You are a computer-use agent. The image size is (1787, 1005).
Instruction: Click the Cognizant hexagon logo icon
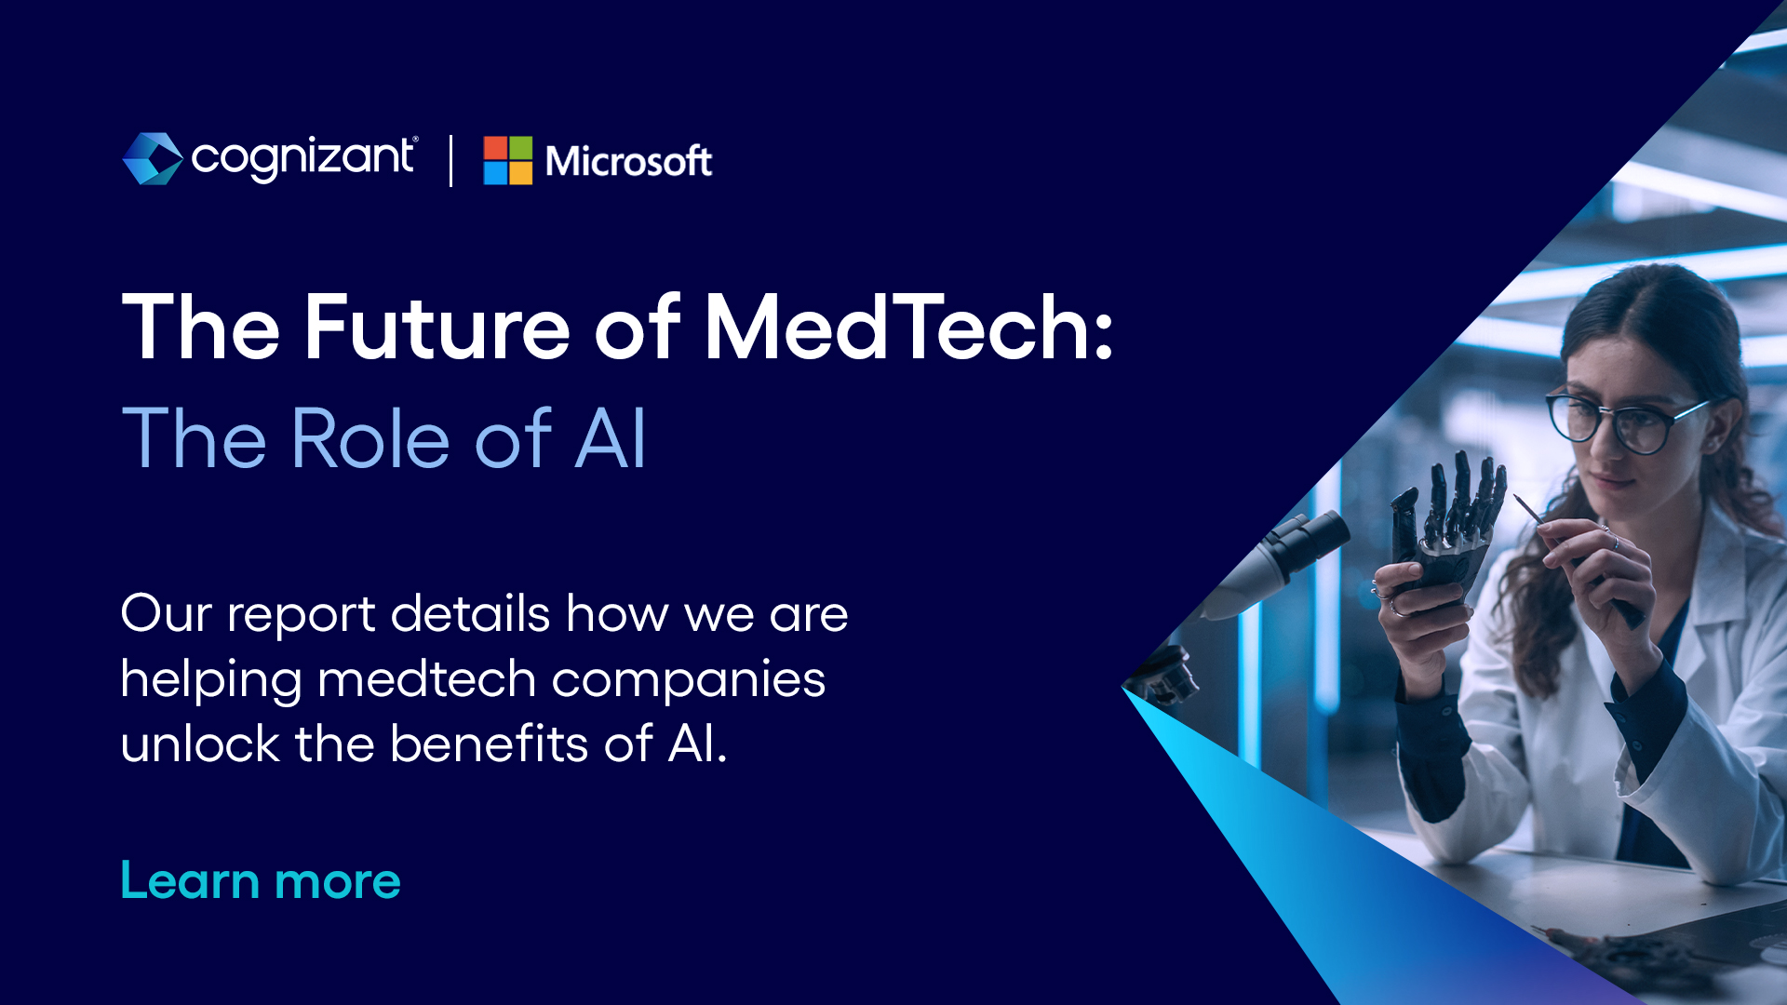[x=153, y=158]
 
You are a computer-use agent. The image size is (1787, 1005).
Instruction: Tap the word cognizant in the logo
[x=303, y=158]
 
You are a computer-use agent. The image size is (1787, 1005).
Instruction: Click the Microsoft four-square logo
[x=508, y=160]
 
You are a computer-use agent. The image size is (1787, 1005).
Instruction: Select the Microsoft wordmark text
[x=629, y=161]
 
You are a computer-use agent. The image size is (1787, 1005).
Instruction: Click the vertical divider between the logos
[x=451, y=160]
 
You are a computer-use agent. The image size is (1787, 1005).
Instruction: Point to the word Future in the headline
[x=437, y=328]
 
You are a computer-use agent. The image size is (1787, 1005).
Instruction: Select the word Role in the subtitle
[x=371, y=438]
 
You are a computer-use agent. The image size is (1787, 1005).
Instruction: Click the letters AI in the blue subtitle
[x=611, y=438]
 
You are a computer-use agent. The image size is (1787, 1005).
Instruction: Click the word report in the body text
[x=301, y=616]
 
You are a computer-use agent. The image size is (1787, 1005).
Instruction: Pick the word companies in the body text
[x=689, y=680]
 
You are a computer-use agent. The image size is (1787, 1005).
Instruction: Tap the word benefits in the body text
[x=489, y=744]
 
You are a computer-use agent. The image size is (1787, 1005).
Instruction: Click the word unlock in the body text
[x=200, y=744]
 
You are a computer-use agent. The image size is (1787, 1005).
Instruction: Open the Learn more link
[x=261, y=880]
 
